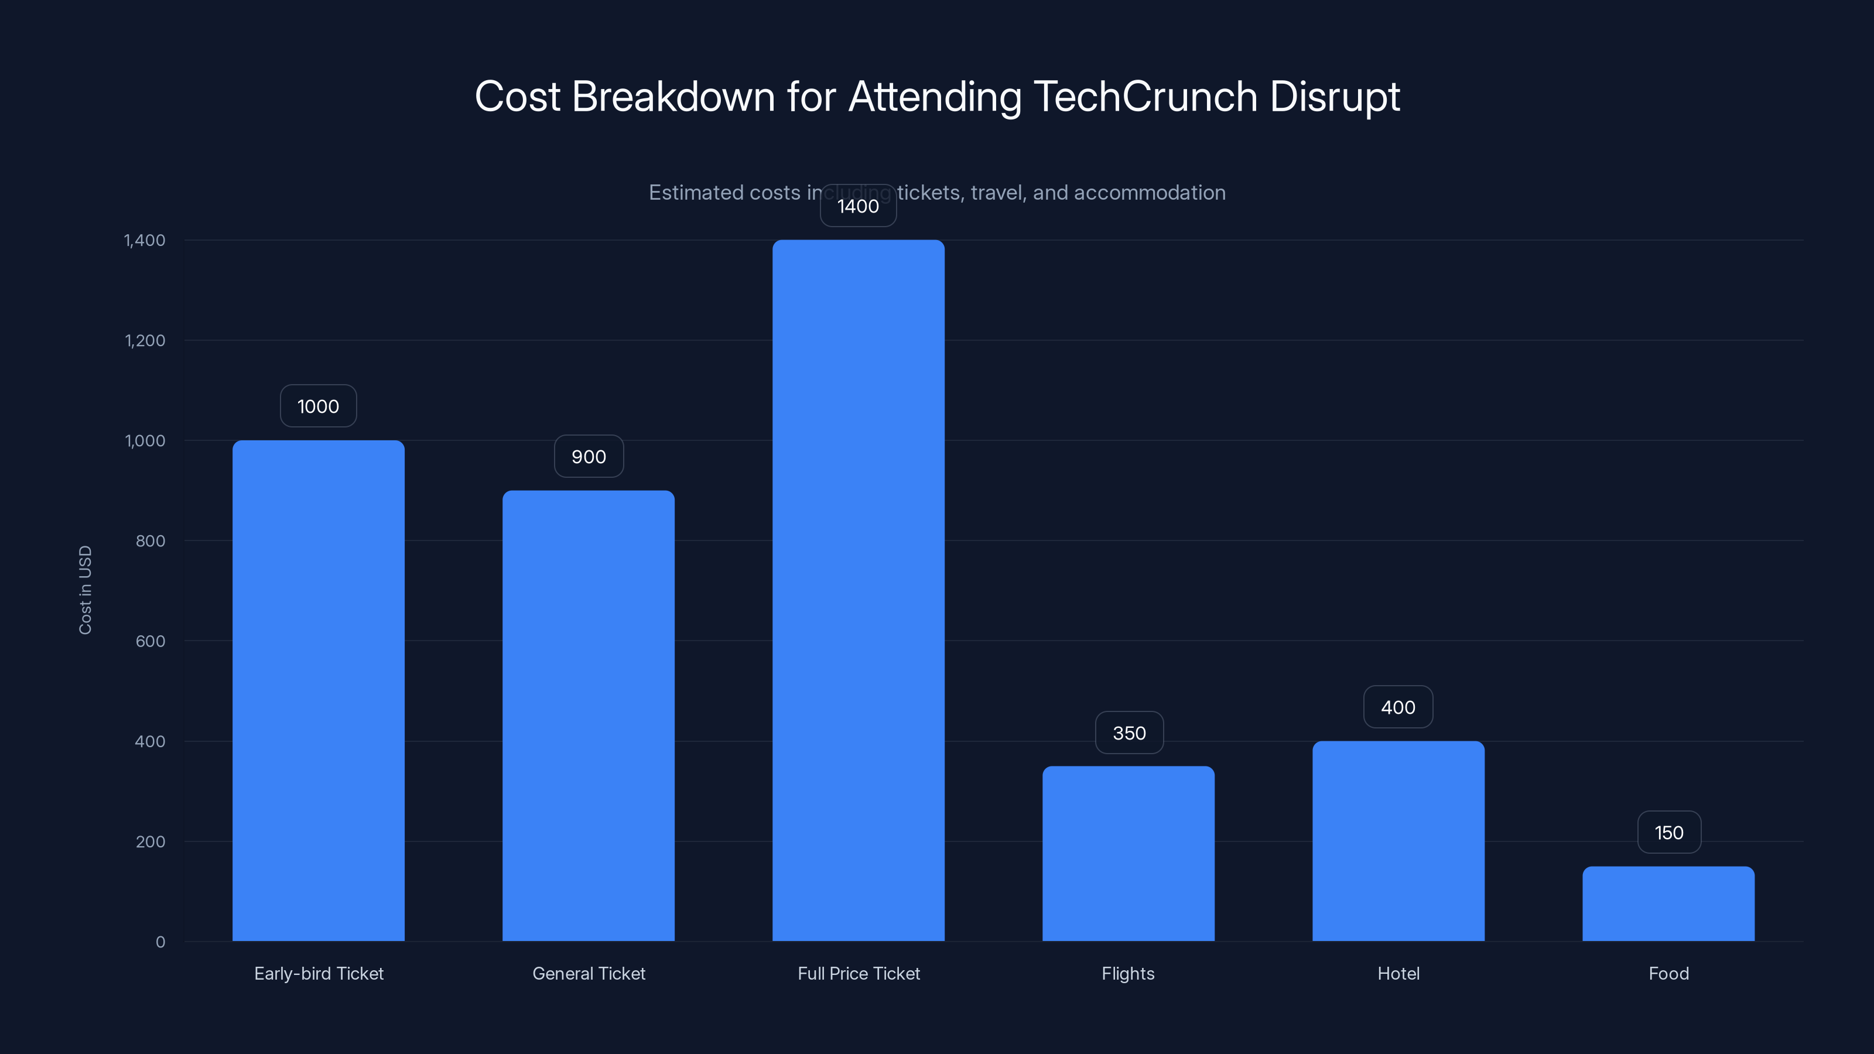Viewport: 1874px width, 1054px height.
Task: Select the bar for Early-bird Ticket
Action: click(319, 690)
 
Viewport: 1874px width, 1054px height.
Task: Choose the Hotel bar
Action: click(1398, 841)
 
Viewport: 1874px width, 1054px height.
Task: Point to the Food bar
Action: click(1668, 904)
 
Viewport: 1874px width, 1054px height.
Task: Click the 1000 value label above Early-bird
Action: click(319, 406)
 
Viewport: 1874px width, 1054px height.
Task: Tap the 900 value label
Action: click(589, 457)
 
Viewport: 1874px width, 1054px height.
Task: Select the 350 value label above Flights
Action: click(1129, 733)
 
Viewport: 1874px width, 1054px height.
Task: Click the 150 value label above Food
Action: click(1669, 833)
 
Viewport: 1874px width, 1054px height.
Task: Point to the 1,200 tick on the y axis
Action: click(145, 340)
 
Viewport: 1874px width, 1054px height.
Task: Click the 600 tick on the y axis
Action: click(150, 641)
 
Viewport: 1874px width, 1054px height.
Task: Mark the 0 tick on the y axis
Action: click(160, 942)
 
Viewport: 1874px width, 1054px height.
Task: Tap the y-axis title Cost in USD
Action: click(85, 590)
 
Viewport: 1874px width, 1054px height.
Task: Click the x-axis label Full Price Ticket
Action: click(859, 973)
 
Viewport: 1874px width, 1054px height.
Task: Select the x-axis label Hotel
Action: click(1398, 973)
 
